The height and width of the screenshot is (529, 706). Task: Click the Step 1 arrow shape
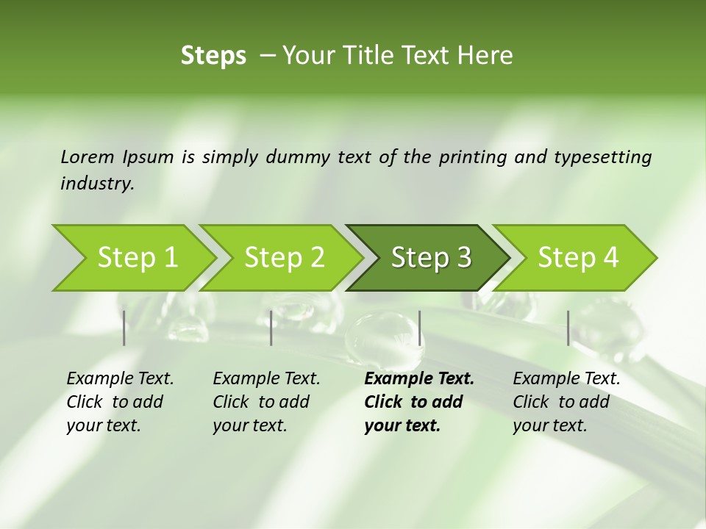pyautogui.click(x=137, y=258)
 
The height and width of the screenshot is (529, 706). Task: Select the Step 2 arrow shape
pyautogui.click(x=284, y=258)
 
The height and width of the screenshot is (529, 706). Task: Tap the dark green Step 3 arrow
pyautogui.click(x=431, y=258)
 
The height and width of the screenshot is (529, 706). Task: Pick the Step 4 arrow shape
pyautogui.click(x=578, y=258)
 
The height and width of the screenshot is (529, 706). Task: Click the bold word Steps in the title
pyautogui.click(x=213, y=56)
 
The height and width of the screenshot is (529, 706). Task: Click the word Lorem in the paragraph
pyautogui.click(x=87, y=156)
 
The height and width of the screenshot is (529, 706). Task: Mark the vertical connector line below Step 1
pyautogui.click(x=124, y=328)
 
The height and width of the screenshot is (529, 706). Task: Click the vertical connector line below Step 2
pyautogui.click(x=271, y=328)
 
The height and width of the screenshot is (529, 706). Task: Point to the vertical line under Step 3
pyautogui.click(x=420, y=328)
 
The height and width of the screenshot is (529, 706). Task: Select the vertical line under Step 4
pyautogui.click(x=568, y=328)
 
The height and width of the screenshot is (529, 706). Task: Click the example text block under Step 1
pyautogui.click(x=120, y=402)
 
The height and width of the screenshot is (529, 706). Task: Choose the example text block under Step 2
pyautogui.click(x=266, y=402)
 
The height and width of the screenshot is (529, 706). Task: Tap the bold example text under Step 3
pyautogui.click(x=418, y=402)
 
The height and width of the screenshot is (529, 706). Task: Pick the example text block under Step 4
pyautogui.click(x=566, y=402)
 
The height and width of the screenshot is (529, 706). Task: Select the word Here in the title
pyautogui.click(x=485, y=56)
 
